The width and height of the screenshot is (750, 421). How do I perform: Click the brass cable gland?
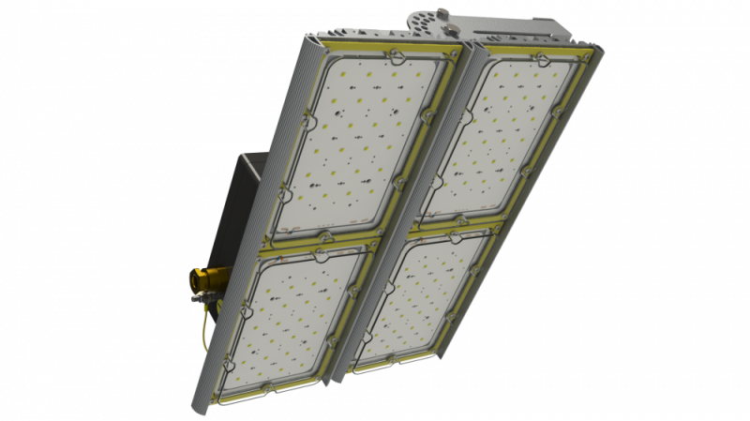(x=201, y=278)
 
